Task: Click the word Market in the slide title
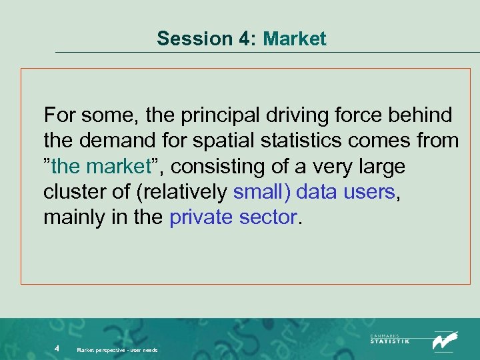point(295,39)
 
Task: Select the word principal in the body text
point(226,115)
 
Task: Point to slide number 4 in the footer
point(58,348)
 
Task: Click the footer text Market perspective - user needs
point(117,349)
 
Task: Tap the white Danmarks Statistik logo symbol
point(445,341)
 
